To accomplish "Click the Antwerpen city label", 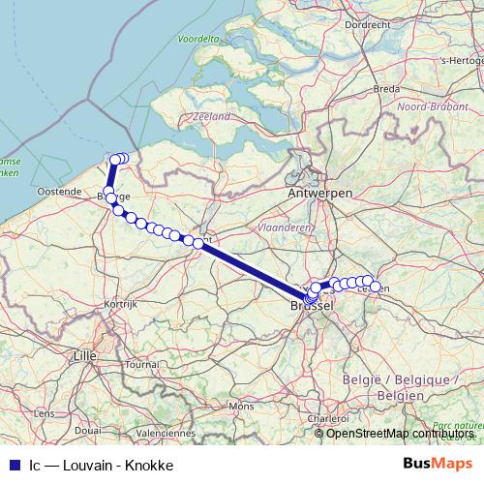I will pos(319,194).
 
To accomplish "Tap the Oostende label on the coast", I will pos(58,192).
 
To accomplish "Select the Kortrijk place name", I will pos(122,303).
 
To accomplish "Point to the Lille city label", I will pos(86,355).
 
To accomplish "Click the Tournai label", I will pos(141,365).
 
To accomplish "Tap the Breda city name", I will pos(386,88).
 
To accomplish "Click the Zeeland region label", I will pos(212,116).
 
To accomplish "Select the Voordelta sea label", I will pos(198,40).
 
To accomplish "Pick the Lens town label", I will pos(44,412).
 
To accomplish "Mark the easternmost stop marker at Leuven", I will pos(375,287).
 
